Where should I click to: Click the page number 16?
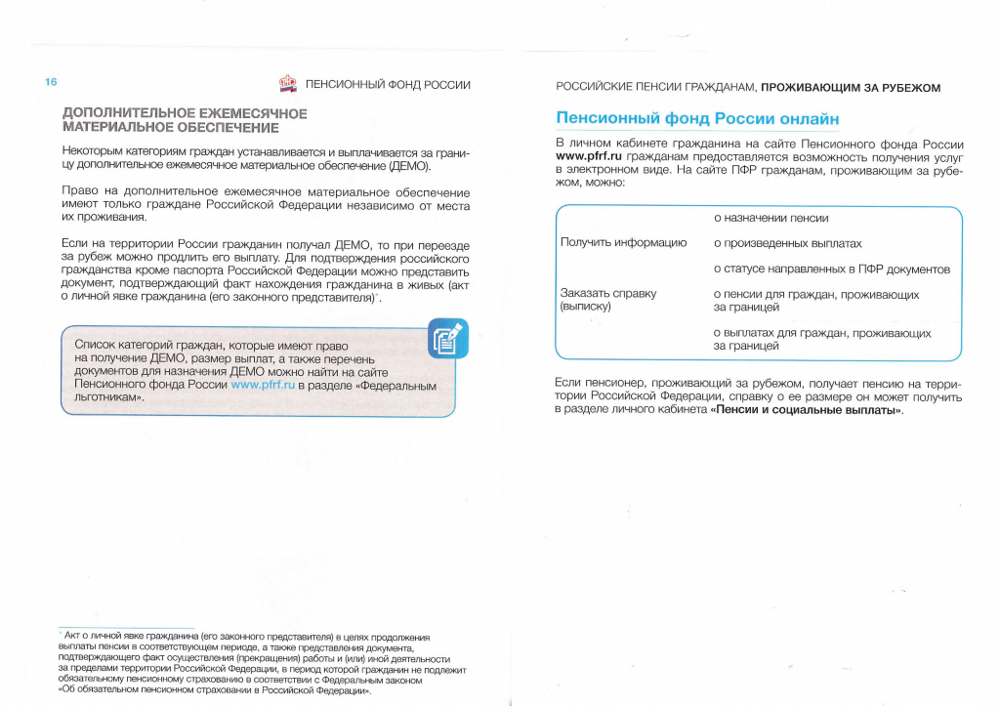(51, 82)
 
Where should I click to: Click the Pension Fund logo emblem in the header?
(288, 85)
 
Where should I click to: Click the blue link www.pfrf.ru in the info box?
(263, 385)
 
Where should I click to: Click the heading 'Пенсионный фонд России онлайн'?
(697, 119)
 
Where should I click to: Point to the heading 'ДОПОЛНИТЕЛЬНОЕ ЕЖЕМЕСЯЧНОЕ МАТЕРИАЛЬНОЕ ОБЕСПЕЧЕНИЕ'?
(185, 120)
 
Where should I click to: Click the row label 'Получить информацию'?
(623, 242)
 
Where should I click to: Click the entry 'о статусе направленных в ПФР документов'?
(831, 269)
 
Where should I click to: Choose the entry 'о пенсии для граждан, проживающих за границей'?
(815, 301)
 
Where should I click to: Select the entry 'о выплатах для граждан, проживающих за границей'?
(821, 340)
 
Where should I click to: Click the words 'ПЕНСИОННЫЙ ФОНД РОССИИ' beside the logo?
(388, 85)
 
